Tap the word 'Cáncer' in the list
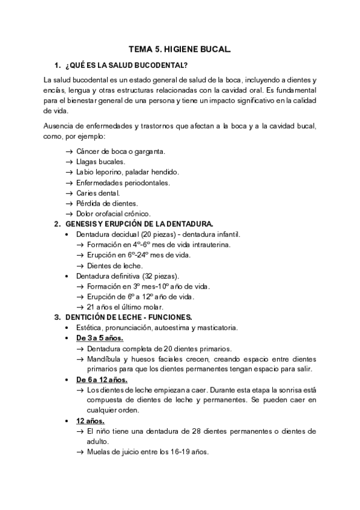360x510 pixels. pos(87,151)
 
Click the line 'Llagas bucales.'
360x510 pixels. pos(100,162)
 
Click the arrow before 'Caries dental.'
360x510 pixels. pos(69,193)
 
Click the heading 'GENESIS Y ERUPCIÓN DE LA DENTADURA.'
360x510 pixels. pos(139,224)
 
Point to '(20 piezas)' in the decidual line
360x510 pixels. pos(159,234)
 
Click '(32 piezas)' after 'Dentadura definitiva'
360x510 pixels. pos(158,275)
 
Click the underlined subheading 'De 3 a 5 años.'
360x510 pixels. pos(99,338)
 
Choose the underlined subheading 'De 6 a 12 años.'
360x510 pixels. pos(102,379)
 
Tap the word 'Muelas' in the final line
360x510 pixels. pos(98,452)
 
